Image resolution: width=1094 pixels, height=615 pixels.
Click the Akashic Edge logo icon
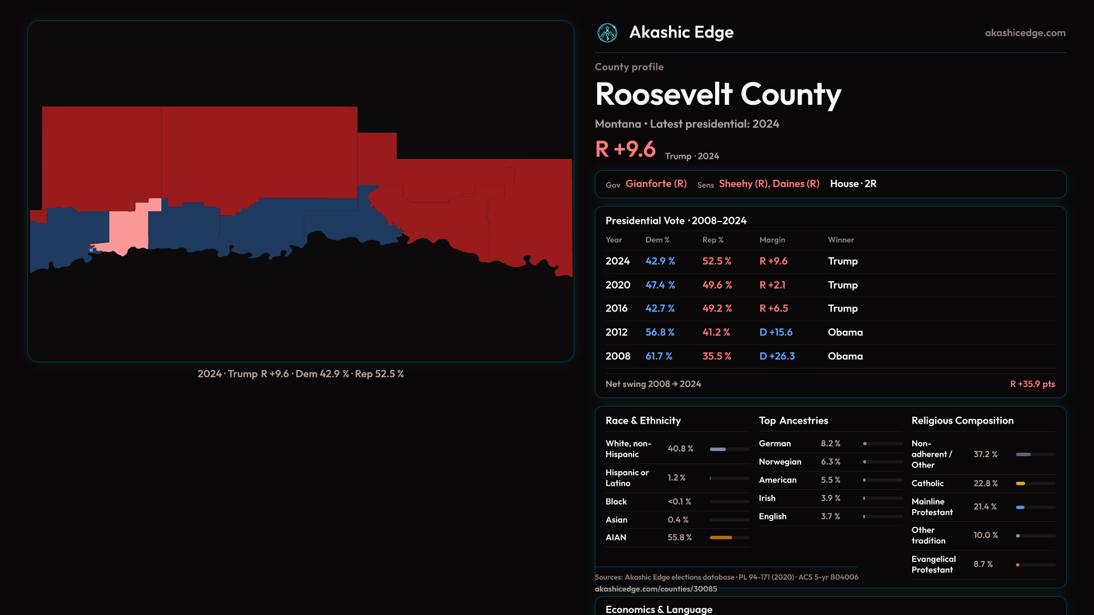click(607, 33)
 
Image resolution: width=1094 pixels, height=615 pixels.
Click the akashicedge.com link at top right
click(1025, 33)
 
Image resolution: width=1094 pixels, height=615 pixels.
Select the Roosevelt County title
click(718, 94)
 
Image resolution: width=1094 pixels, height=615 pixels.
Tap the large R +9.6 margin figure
click(625, 149)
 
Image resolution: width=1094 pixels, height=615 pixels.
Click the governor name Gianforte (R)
click(656, 184)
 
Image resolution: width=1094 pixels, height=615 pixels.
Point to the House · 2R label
click(853, 184)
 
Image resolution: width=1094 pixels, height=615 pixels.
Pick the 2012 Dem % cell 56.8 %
click(660, 332)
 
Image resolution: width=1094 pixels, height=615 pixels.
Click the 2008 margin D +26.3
click(777, 356)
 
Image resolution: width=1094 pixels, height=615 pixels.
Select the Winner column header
click(840, 240)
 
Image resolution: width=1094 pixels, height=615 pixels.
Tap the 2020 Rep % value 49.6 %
click(717, 285)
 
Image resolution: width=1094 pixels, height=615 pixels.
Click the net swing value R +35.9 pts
click(1032, 384)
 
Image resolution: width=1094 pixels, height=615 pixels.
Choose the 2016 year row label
click(616, 308)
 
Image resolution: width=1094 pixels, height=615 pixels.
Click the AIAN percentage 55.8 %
click(679, 538)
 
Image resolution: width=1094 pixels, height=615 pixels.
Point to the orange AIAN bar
click(721, 538)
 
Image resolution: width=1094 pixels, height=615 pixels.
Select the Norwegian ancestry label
click(779, 462)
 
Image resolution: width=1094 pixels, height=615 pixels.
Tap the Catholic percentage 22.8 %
click(985, 483)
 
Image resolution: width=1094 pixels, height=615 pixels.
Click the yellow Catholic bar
click(1020, 483)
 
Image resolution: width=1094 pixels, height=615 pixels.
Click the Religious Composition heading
click(962, 421)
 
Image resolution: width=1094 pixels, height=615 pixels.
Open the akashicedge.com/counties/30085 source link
click(656, 589)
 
